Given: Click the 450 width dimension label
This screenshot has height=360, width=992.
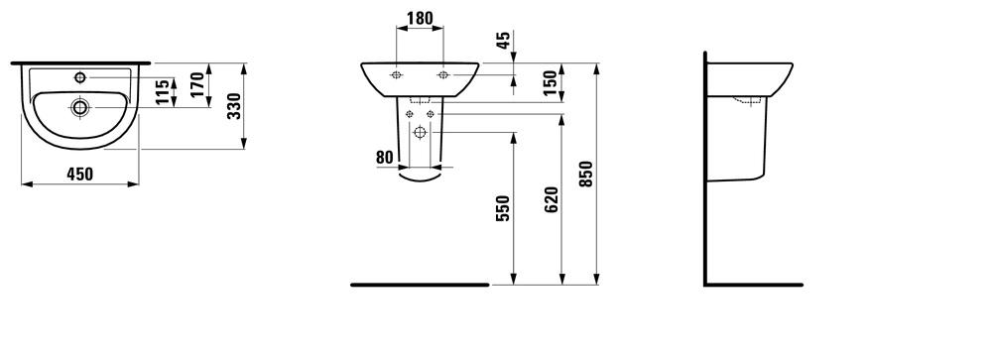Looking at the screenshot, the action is tap(80, 174).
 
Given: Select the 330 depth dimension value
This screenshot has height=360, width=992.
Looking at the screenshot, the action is tap(234, 106).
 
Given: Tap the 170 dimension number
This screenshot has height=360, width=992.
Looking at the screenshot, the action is tap(198, 84).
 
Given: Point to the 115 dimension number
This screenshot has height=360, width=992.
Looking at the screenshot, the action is tap(164, 92).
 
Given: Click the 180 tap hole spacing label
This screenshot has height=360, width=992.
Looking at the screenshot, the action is tap(420, 19).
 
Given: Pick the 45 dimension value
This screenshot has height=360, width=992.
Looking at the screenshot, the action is tap(504, 41).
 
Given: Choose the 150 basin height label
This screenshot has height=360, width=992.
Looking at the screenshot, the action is tap(551, 82).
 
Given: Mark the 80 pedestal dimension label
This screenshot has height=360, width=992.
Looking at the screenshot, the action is tap(385, 158).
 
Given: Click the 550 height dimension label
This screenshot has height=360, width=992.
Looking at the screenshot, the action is tap(504, 208).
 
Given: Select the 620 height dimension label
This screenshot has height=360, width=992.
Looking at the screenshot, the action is tap(552, 199).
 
